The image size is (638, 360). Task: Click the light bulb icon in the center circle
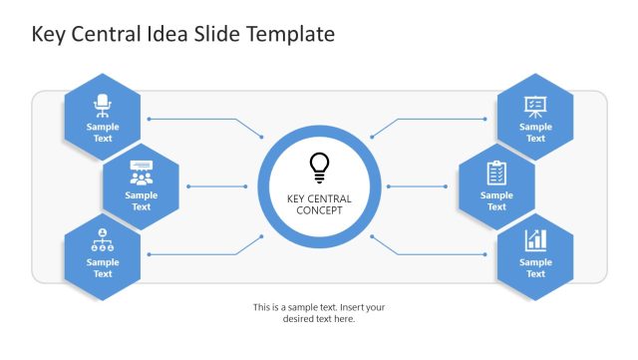coord(319,168)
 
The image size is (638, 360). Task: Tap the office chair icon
coord(103,106)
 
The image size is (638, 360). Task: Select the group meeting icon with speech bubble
coord(142,173)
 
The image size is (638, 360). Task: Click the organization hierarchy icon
coord(103,240)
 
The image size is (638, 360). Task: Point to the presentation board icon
coord(535,107)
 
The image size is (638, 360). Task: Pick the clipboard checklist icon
coord(496,173)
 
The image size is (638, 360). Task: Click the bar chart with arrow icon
coord(535,240)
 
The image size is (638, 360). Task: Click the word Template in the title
coord(290,34)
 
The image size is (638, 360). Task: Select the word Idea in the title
coord(166,34)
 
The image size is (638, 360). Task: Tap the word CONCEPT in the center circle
coord(319,210)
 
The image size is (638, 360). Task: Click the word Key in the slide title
coord(48,35)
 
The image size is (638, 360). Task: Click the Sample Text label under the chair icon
coord(103,133)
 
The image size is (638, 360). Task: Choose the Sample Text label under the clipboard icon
coord(496,200)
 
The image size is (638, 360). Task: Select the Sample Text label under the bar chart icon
coord(535,268)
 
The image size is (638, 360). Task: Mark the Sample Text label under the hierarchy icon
coord(103,268)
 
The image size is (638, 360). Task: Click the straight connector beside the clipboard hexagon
coord(417,186)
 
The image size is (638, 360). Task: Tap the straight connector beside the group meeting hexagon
coord(217,186)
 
